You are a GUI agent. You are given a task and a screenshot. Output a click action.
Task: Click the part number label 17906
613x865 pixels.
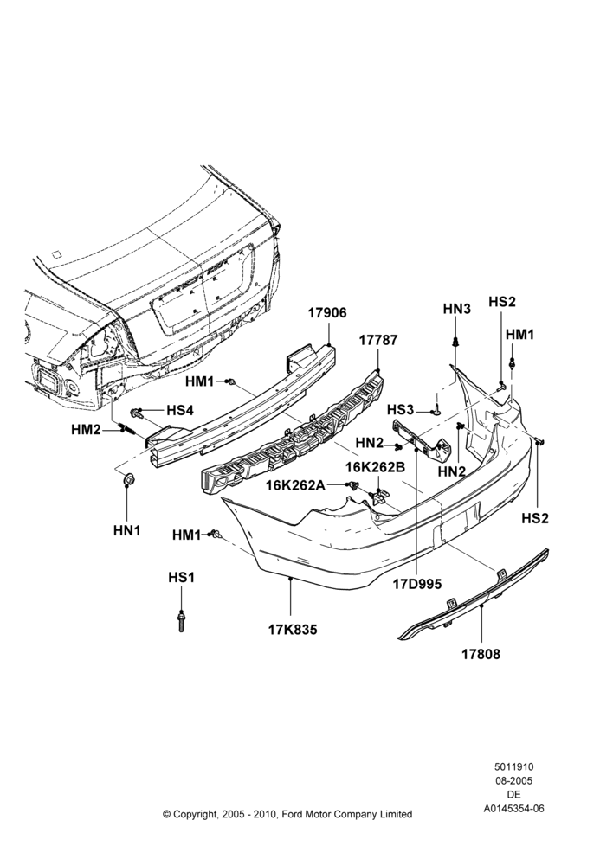[327, 313]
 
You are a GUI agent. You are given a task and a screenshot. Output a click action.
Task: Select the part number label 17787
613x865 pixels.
[377, 340]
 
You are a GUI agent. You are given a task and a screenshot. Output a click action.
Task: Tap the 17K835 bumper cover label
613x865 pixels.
[293, 630]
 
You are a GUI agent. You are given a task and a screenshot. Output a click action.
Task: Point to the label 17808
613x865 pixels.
[481, 654]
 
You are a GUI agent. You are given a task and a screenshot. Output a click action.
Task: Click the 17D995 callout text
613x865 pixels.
[417, 584]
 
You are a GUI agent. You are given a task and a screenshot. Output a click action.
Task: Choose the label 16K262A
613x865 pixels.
[295, 485]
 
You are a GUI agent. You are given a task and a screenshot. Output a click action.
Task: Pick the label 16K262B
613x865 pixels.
[376, 467]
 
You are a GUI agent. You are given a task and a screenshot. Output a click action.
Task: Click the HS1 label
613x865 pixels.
[181, 578]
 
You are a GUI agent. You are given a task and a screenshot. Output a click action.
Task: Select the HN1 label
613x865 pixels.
[127, 531]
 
